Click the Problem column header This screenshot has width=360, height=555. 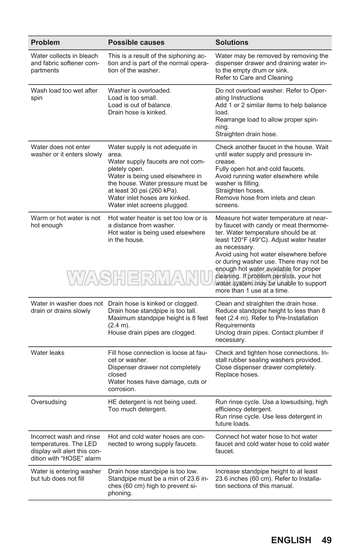45,43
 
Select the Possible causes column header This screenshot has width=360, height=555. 136,43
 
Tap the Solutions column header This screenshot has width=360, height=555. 232,43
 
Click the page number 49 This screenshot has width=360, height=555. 326,540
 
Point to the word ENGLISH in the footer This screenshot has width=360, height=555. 291,540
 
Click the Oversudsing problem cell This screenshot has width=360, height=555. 49,402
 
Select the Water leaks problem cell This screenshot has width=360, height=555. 47,353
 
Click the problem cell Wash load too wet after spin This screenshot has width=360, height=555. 64,94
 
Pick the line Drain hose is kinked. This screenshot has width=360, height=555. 137,112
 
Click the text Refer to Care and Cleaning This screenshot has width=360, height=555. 254,78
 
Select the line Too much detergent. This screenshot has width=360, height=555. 137,409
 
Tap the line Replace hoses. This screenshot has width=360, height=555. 237,374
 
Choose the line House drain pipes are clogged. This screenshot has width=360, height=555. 152,332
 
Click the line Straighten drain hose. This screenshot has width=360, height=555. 246,134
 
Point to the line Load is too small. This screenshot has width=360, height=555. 133,98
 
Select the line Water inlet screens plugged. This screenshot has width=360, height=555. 148,205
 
